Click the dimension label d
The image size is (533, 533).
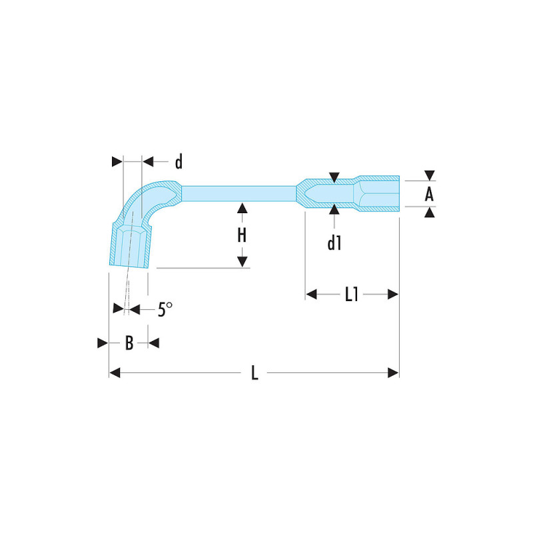(179, 161)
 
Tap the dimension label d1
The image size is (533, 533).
(334, 243)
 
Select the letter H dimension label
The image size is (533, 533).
(242, 235)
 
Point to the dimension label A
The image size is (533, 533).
(429, 195)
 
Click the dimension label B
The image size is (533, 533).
(129, 343)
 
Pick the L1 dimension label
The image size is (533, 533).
(352, 294)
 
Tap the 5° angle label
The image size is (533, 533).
(165, 309)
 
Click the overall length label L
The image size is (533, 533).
(255, 373)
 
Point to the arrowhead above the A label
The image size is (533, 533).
(430, 175)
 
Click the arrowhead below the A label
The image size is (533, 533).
(430, 213)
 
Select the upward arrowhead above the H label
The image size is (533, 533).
(242, 208)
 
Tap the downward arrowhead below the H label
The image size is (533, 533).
(242, 262)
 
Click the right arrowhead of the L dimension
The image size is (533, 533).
(393, 373)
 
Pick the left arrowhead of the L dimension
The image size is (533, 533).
(115, 373)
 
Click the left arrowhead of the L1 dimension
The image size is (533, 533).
(311, 294)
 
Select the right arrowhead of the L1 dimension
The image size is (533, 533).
(393, 294)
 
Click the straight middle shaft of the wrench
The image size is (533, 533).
(239, 193)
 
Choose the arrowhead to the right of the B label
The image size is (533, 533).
(154, 343)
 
